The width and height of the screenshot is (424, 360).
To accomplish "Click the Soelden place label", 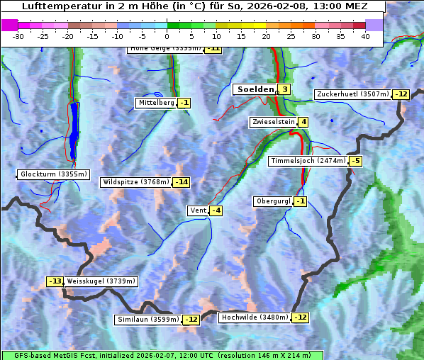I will point(254,89).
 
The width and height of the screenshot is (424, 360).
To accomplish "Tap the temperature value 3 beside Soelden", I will point(284,89).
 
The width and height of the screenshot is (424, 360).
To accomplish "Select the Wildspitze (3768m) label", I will point(136,182).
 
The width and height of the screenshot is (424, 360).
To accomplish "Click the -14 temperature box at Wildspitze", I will point(182,182).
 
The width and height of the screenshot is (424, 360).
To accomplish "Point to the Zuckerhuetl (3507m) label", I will point(353,94).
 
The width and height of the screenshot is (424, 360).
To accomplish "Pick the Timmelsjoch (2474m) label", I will point(308,161).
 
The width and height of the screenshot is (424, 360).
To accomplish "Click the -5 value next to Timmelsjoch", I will point(355,161).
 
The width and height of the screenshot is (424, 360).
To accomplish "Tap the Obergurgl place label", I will point(273,201).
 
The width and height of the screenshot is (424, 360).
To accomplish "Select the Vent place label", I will point(197,210).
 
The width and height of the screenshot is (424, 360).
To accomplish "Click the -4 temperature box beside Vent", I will point(216,210).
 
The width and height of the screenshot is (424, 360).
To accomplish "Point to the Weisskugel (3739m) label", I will point(101,281).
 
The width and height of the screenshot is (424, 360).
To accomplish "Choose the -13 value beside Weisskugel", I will point(55,281).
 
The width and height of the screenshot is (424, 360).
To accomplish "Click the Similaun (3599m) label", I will point(147,320).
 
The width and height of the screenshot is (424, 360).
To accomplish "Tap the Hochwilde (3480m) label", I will point(255,317).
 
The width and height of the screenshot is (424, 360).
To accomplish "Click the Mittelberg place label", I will point(156,103).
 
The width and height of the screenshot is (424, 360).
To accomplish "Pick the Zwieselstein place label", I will point(273,122).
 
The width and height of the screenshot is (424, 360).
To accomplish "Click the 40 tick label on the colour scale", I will point(365,36).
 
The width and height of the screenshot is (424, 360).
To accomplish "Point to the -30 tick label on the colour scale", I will point(19,36).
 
